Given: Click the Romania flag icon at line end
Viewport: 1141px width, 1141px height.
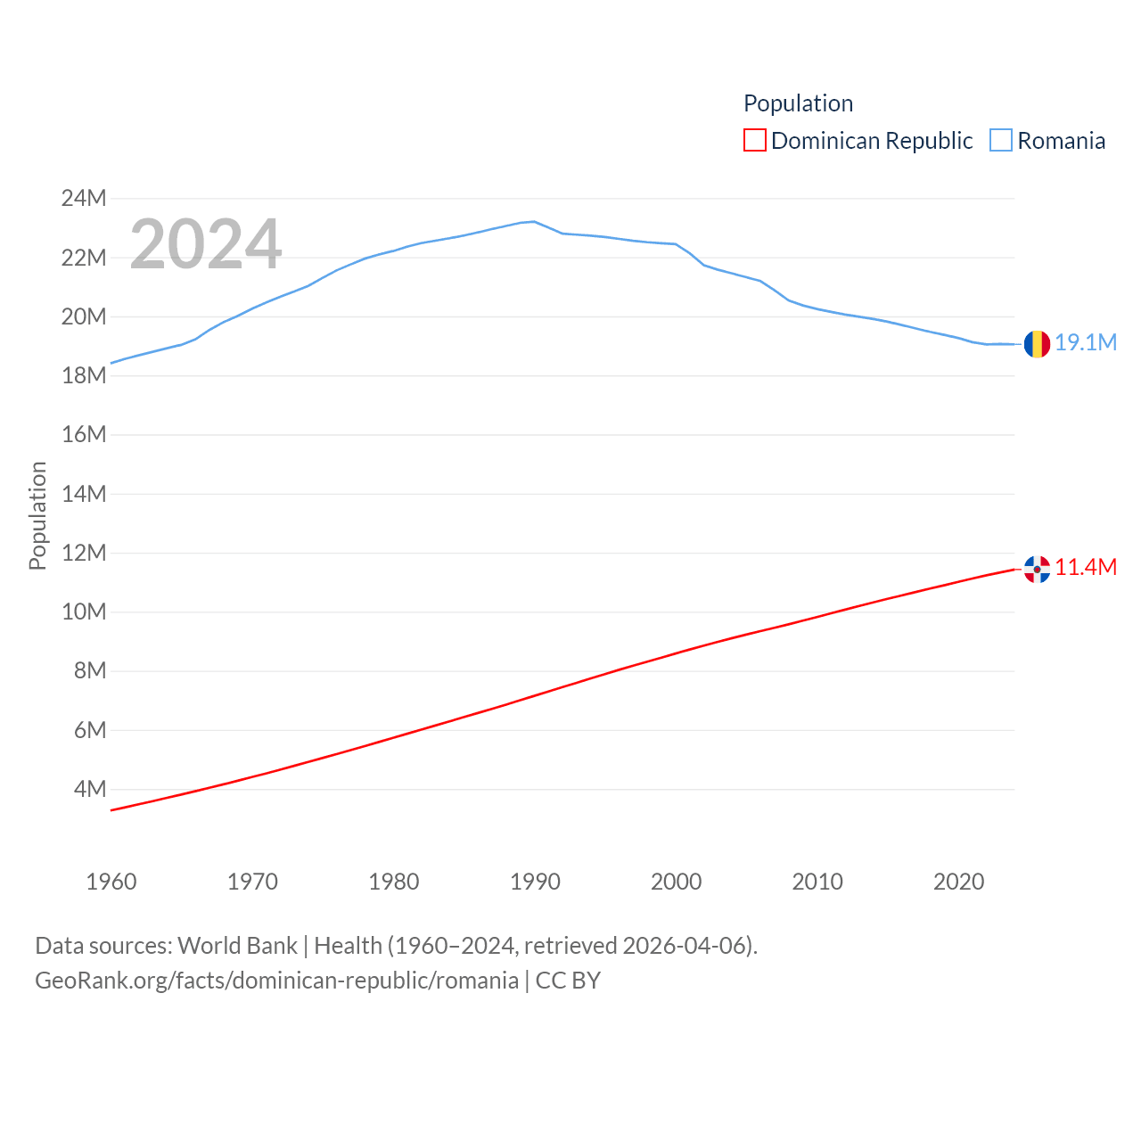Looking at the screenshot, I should click(x=1037, y=343).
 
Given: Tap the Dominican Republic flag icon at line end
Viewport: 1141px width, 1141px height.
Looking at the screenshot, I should click(x=1037, y=569).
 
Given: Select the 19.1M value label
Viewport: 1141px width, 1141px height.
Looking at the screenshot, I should click(x=1086, y=343).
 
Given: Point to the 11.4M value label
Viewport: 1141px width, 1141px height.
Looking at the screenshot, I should click(x=1086, y=568).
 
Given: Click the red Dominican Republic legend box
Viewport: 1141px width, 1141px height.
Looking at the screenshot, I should click(x=755, y=141).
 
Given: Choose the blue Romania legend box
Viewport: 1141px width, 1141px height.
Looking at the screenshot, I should click(x=1001, y=141).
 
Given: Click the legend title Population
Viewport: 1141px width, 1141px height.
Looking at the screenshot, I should click(x=798, y=103).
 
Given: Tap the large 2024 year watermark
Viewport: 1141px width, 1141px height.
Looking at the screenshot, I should click(x=206, y=244).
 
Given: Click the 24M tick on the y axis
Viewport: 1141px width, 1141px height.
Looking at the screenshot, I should click(x=84, y=198).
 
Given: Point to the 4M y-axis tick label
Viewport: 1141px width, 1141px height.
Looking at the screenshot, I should click(x=90, y=789).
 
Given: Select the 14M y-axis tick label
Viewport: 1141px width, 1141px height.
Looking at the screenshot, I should click(x=84, y=494).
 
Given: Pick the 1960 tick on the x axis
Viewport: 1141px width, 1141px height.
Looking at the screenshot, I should click(x=111, y=882).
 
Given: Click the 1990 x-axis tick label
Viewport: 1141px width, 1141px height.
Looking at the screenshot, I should click(x=535, y=882).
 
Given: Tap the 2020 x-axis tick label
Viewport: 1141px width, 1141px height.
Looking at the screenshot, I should click(x=958, y=882).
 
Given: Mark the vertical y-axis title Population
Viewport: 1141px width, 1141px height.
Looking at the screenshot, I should click(x=37, y=515).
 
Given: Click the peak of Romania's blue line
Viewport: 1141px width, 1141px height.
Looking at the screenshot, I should click(x=534, y=221).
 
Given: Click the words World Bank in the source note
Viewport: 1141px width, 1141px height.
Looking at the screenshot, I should click(x=237, y=945).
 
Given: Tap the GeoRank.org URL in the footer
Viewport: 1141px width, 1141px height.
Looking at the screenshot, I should click(x=276, y=981).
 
